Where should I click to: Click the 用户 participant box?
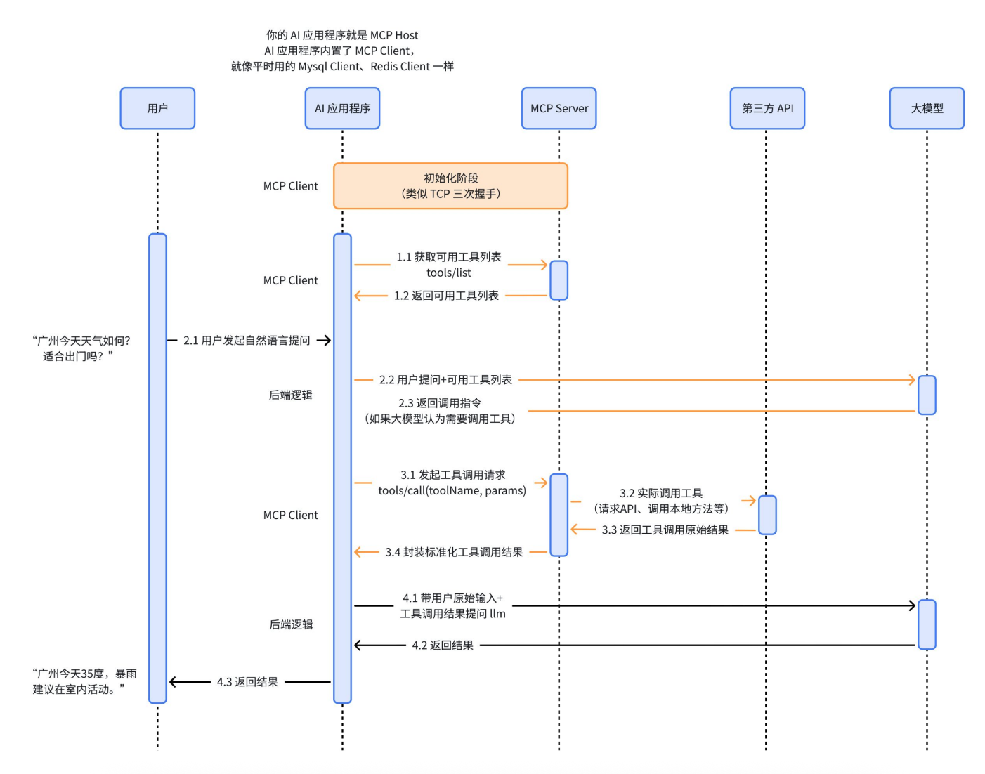[x=157, y=108]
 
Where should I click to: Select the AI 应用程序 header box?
[x=342, y=108]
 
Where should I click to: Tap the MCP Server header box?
[x=559, y=108]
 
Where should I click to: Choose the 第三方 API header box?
[x=767, y=108]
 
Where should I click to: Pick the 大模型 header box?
[x=927, y=108]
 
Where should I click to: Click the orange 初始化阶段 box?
[x=450, y=186]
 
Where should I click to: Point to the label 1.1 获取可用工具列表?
[x=449, y=257]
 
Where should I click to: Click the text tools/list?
[x=449, y=273]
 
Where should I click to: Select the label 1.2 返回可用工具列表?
[x=446, y=296]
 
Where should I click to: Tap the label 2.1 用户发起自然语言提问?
[x=247, y=341]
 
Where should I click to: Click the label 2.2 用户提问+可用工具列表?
[x=445, y=380]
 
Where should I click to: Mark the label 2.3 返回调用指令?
[x=440, y=403]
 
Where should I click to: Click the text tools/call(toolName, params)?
[x=452, y=490]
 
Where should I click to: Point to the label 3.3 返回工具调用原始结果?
[x=665, y=530]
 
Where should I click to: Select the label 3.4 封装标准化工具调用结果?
[x=454, y=552]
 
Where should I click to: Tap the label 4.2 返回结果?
[x=443, y=645]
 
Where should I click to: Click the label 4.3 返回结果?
[x=247, y=682]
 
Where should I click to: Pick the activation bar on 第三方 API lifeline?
[x=767, y=515]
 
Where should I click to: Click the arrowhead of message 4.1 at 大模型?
[x=913, y=605]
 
